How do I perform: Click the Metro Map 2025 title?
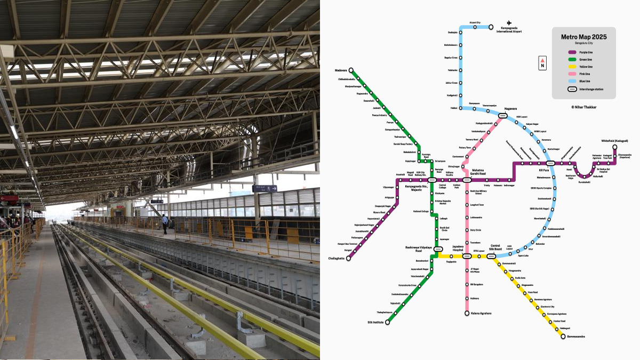(x=583, y=37)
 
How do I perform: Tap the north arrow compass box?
(x=542, y=63)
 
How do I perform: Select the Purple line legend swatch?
(x=571, y=52)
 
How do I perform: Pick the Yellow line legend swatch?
(x=571, y=67)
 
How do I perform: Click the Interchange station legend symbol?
(x=571, y=89)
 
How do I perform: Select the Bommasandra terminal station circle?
(x=563, y=337)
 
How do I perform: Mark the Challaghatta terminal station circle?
(x=349, y=258)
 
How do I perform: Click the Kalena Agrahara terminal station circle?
(x=467, y=313)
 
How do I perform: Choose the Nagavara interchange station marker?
(x=502, y=115)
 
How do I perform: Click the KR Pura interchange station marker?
(x=551, y=163)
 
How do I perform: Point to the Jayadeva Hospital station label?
(x=462, y=248)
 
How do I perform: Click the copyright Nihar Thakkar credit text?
(x=583, y=107)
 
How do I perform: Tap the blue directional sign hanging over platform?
(x=265, y=188)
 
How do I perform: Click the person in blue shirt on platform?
(x=165, y=223)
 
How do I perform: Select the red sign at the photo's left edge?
(x=8, y=198)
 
